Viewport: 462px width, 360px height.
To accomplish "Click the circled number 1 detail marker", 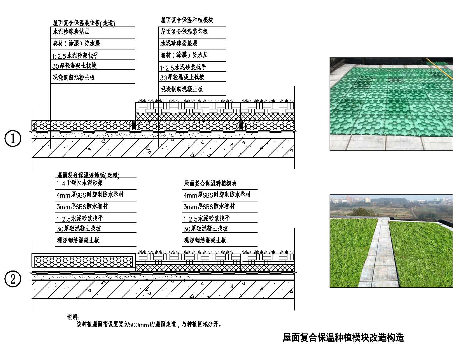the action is click(13, 138).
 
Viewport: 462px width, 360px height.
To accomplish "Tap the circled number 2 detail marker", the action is click(13, 279).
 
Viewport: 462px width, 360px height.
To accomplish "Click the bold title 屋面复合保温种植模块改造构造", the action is click(343, 337).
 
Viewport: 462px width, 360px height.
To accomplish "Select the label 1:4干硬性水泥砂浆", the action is click(80, 183).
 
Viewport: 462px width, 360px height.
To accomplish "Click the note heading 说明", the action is click(73, 317).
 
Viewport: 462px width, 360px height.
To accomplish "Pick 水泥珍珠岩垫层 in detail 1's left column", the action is click(71, 32).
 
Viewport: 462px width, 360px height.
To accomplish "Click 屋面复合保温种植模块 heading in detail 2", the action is click(210, 183).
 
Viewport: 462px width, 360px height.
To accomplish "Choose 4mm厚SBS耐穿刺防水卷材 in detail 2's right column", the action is click(217, 195).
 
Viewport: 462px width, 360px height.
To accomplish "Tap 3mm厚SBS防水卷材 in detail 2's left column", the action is click(82, 206).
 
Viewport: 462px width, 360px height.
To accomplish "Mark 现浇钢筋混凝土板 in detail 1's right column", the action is click(182, 89).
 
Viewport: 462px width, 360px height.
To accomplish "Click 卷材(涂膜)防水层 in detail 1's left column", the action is click(76, 43).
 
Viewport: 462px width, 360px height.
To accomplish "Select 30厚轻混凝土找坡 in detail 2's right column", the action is click(206, 229).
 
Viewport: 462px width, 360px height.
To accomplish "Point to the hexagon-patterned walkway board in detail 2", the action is click(83, 262).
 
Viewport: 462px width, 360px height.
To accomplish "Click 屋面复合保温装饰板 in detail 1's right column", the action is click(184, 32).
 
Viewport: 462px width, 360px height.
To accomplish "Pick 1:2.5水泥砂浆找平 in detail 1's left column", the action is click(75, 56).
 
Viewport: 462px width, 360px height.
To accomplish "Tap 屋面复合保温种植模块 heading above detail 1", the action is click(187, 20).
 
